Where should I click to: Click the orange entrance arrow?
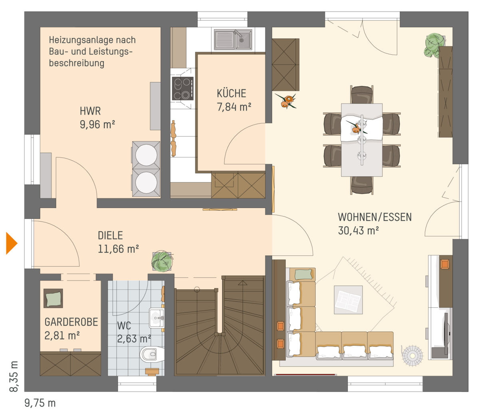11,243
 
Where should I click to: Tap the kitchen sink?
233,40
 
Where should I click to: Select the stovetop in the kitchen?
182,89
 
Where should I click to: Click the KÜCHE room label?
231,93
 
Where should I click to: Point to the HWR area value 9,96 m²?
97,125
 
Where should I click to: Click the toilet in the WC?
152,354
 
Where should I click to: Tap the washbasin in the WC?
157,318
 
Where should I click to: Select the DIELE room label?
110,236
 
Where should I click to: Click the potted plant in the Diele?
162,261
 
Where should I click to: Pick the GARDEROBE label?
71,322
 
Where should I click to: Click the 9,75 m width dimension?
40,403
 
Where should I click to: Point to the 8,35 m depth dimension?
14,376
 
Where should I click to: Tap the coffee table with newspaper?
348,300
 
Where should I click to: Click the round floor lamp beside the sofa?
412,356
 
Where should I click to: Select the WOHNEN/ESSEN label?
375,217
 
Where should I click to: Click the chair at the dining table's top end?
362,95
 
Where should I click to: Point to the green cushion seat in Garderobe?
53,298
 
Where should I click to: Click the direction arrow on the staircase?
242,283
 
